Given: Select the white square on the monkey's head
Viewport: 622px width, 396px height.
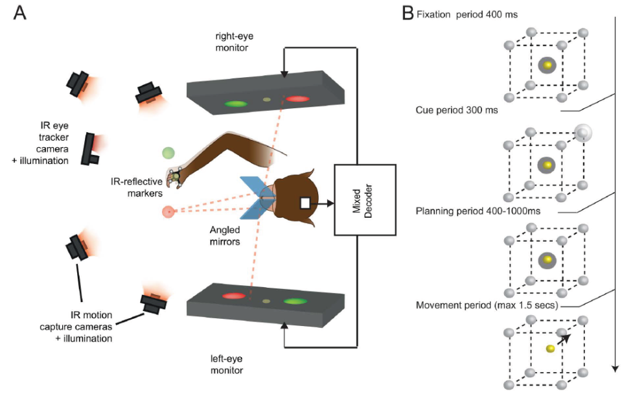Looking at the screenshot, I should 305,204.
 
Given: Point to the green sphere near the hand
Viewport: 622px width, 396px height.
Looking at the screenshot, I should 169,154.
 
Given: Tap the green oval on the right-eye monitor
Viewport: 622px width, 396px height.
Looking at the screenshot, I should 236,103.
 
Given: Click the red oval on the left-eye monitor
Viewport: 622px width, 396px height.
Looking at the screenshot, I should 234,296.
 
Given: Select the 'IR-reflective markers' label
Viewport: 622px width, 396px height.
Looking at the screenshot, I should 138,187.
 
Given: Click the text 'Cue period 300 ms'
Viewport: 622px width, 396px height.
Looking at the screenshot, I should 457,110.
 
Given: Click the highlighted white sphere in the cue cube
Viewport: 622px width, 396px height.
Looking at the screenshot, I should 583,134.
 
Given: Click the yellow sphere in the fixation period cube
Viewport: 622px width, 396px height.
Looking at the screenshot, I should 548,65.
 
